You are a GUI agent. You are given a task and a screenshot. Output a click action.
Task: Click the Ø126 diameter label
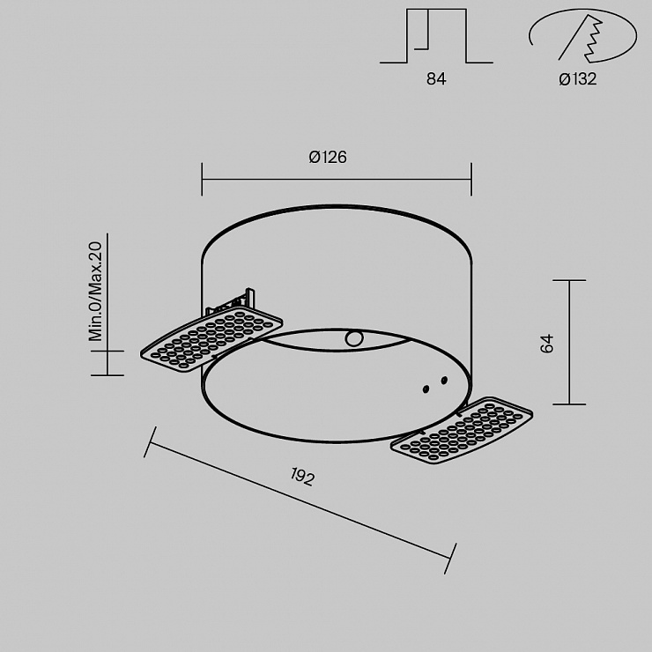click(328, 157)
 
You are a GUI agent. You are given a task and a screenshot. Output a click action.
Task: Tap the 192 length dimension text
click(302, 477)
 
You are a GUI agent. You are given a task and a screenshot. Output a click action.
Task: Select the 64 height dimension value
click(547, 343)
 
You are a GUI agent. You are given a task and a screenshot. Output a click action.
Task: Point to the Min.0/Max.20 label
click(95, 292)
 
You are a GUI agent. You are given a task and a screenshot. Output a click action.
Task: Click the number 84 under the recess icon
click(436, 78)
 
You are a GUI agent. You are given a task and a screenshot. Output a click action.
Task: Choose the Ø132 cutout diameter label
click(578, 78)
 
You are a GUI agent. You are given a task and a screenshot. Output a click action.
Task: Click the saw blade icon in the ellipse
click(582, 38)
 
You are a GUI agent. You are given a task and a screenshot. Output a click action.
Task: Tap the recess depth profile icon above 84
click(436, 36)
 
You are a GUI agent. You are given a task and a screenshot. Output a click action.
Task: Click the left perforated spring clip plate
click(211, 339)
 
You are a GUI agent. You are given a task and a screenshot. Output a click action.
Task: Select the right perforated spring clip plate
click(462, 430)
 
